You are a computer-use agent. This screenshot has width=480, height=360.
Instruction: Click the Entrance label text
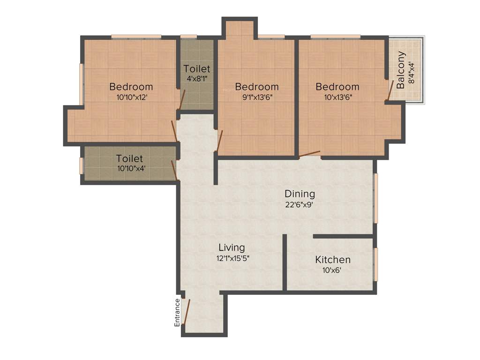pyautogui.click(x=177, y=312)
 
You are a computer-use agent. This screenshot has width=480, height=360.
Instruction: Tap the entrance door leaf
pyautogui.click(x=187, y=311)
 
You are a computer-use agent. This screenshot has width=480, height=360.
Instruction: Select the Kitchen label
pyautogui.click(x=332, y=260)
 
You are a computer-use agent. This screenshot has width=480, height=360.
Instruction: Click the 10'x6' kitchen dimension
pyautogui.click(x=332, y=270)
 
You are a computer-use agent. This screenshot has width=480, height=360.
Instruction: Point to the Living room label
pyautogui.click(x=232, y=247)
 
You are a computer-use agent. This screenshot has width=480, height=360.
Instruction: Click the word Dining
pyautogui.click(x=300, y=194)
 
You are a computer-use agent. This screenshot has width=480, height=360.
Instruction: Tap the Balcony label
pyautogui.click(x=401, y=70)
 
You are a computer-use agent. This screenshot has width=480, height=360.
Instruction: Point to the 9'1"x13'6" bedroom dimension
pyautogui.click(x=257, y=97)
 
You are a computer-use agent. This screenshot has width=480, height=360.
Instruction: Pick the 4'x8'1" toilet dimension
pyautogui.click(x=197, y=79)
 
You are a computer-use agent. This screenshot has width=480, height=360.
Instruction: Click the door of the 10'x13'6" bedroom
pyautogui.click(x=309, y=153)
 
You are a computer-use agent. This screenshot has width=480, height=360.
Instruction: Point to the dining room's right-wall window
pyautogui.click(x=375, y=198)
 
